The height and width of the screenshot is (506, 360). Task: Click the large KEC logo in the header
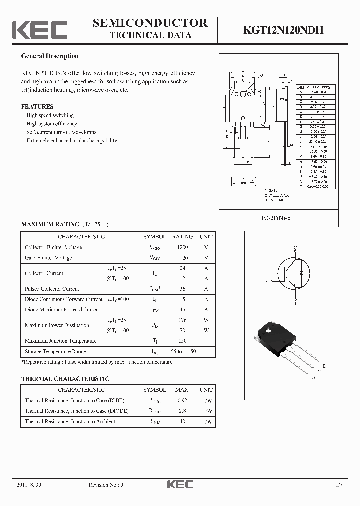click(39, 29)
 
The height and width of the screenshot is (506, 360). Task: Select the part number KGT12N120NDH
click(283, 30)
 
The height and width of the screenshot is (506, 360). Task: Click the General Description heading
click(50, 56)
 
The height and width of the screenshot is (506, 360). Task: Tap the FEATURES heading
click(37, 106)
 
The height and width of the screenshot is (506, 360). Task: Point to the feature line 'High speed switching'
click(50, 115)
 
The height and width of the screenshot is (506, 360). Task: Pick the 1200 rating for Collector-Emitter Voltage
click(182, 247)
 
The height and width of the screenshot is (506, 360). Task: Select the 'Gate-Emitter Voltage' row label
click(48, 258)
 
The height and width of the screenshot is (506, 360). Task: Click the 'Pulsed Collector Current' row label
click(52, 289)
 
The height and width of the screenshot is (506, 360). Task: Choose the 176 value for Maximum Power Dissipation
click(182, 320)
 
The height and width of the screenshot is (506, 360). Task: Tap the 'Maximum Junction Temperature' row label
click(60, 341)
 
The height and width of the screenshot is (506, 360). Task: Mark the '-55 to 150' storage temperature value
click(182, 351)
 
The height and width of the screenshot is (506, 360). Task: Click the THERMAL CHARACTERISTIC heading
click(65, 379)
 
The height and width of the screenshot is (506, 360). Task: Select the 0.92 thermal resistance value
click(182, 400)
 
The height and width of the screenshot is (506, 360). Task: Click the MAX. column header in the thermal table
click(182, 390)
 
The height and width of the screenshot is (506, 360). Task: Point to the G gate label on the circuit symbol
click(268, 282)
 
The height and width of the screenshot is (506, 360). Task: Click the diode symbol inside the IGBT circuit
click(300, 274)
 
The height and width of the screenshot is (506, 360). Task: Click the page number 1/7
click(339, 485)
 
